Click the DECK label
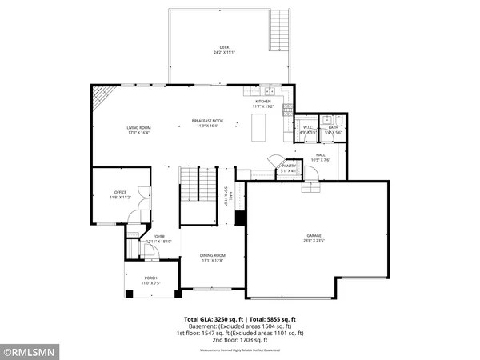(x=224, y=47)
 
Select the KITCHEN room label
(x=263, y=102)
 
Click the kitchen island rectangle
(x=258, y=127)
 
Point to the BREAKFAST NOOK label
(x=207, y=121)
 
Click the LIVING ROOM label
(x=139, y=127)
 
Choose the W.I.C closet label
(x=308, y=127)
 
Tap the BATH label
(x=334, y=127)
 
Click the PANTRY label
(x=289, y=166)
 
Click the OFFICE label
(x=120, y=193)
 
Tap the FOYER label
(x=158, y=237)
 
